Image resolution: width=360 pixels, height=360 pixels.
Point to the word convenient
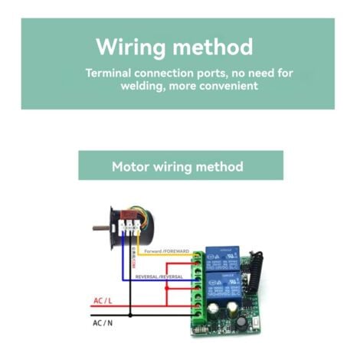227,87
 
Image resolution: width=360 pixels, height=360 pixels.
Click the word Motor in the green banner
130,166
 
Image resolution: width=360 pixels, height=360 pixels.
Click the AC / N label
103,324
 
